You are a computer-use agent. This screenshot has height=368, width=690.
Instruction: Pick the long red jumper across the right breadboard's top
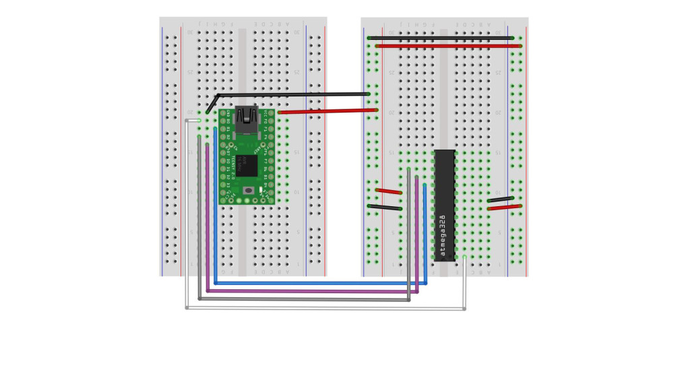tap(448, 46)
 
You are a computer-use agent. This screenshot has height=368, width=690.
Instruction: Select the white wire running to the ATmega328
tap(323, 309)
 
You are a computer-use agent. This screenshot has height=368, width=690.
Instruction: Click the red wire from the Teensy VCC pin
tap(327, 111)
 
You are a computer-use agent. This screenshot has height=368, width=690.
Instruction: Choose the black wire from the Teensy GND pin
tap(290, 95)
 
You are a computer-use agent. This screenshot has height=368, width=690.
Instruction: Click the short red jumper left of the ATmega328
tap(389, 191)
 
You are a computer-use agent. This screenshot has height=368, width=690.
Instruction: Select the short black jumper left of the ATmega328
tap(385, 208)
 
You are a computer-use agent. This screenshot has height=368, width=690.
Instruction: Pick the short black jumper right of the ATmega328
tap(500, 200)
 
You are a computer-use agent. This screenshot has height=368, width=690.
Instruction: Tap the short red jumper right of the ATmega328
tap(504, 208)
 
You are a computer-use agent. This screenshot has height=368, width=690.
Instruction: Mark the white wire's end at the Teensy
tap(199, 120)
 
